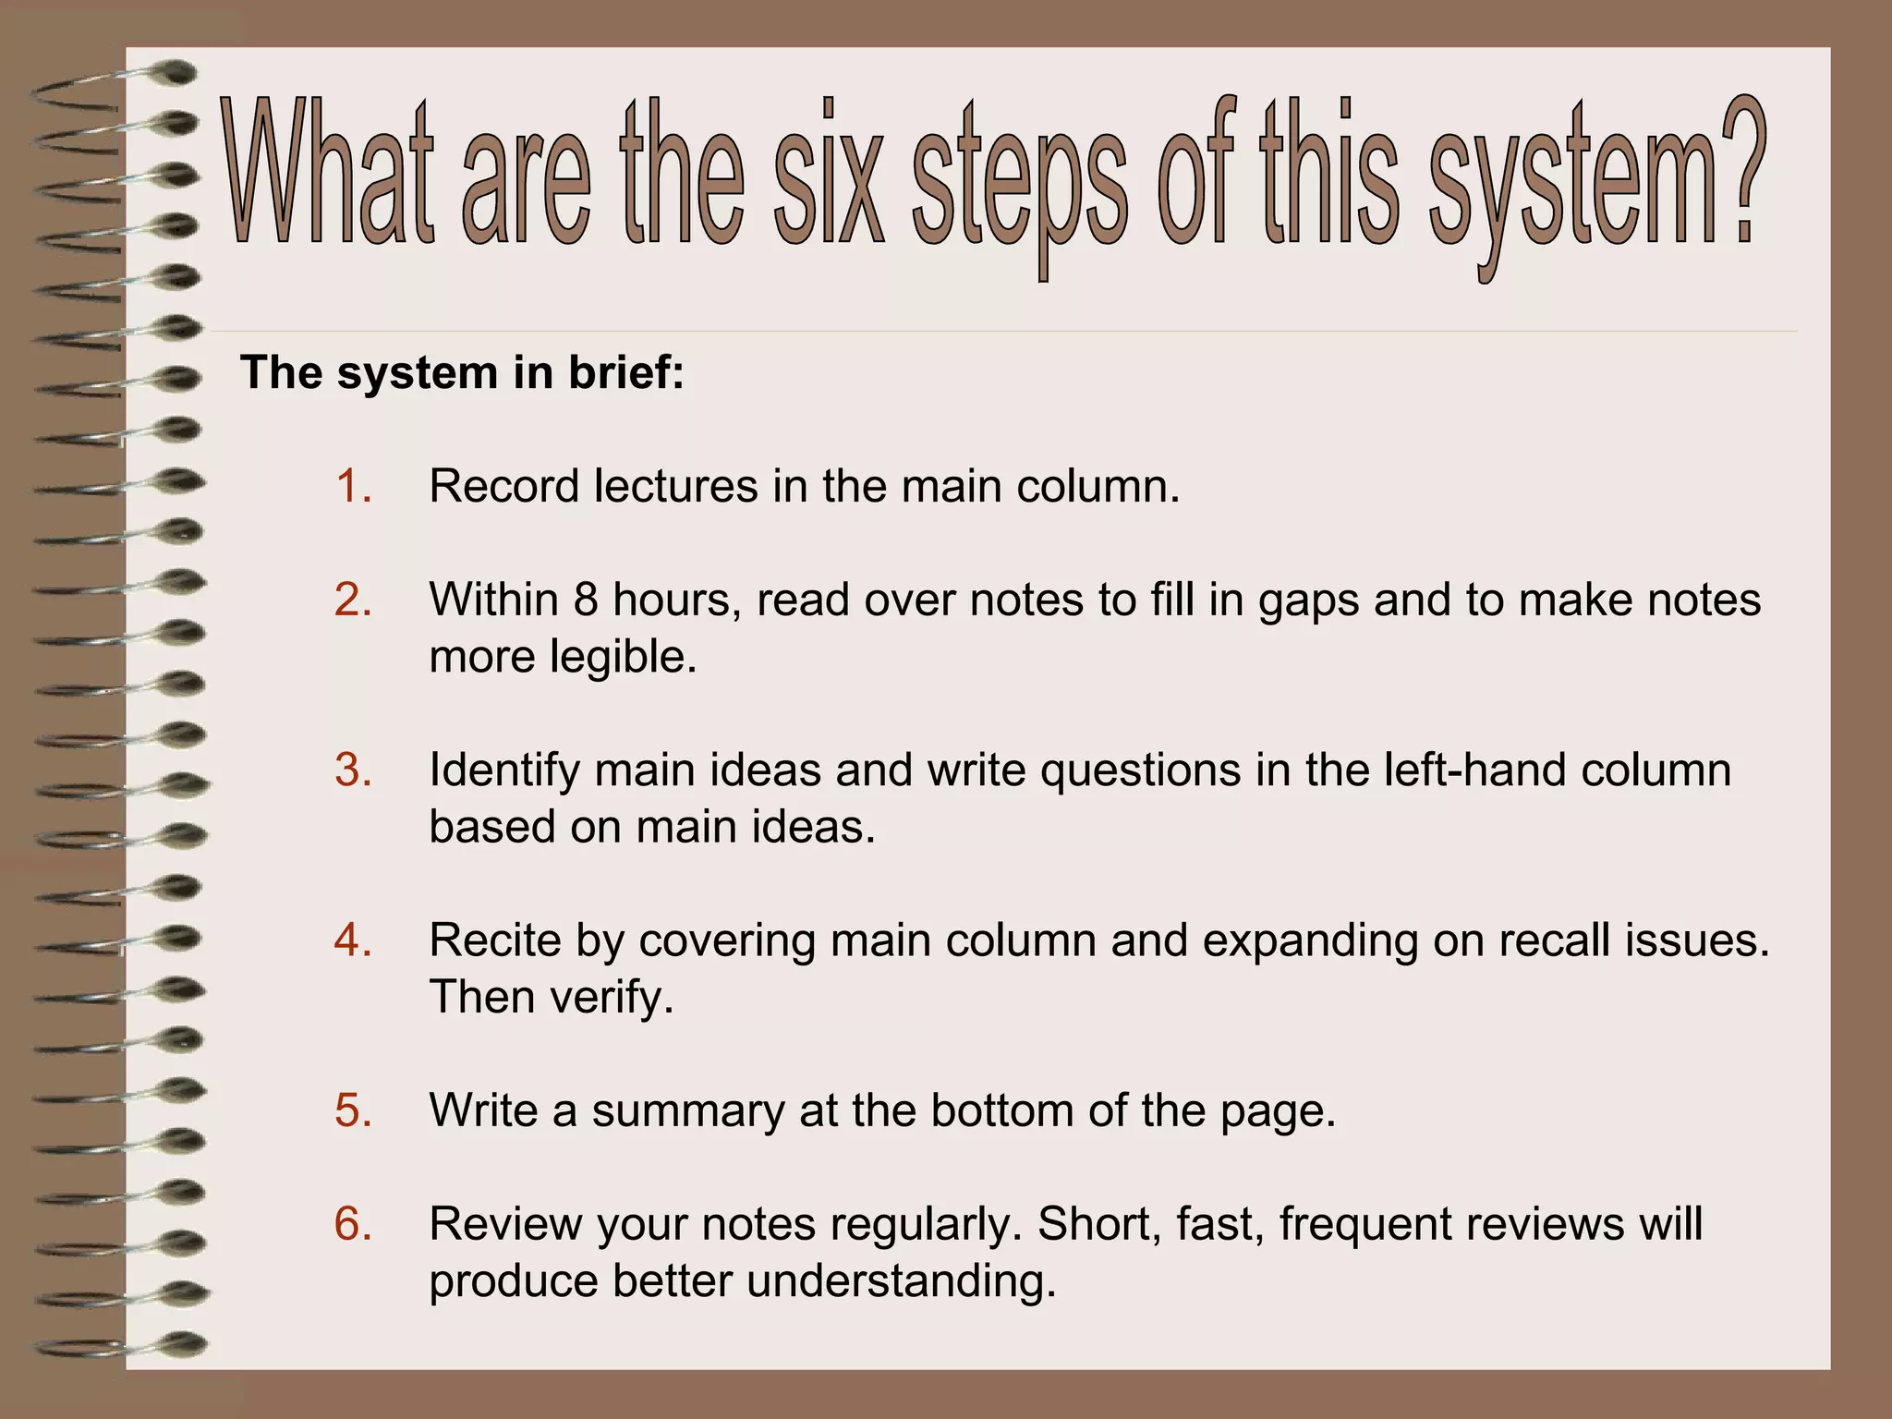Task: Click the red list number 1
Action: tap(353, 486)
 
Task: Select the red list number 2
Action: tap(353, 600)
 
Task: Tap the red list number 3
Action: tap(353, 770)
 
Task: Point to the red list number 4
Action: tap(353, 940)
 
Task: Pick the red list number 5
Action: tap(353, 1110)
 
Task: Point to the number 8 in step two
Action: tap(586, 600)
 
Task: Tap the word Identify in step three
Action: tap(504, 770)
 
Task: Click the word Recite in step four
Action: tap(495, 940)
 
